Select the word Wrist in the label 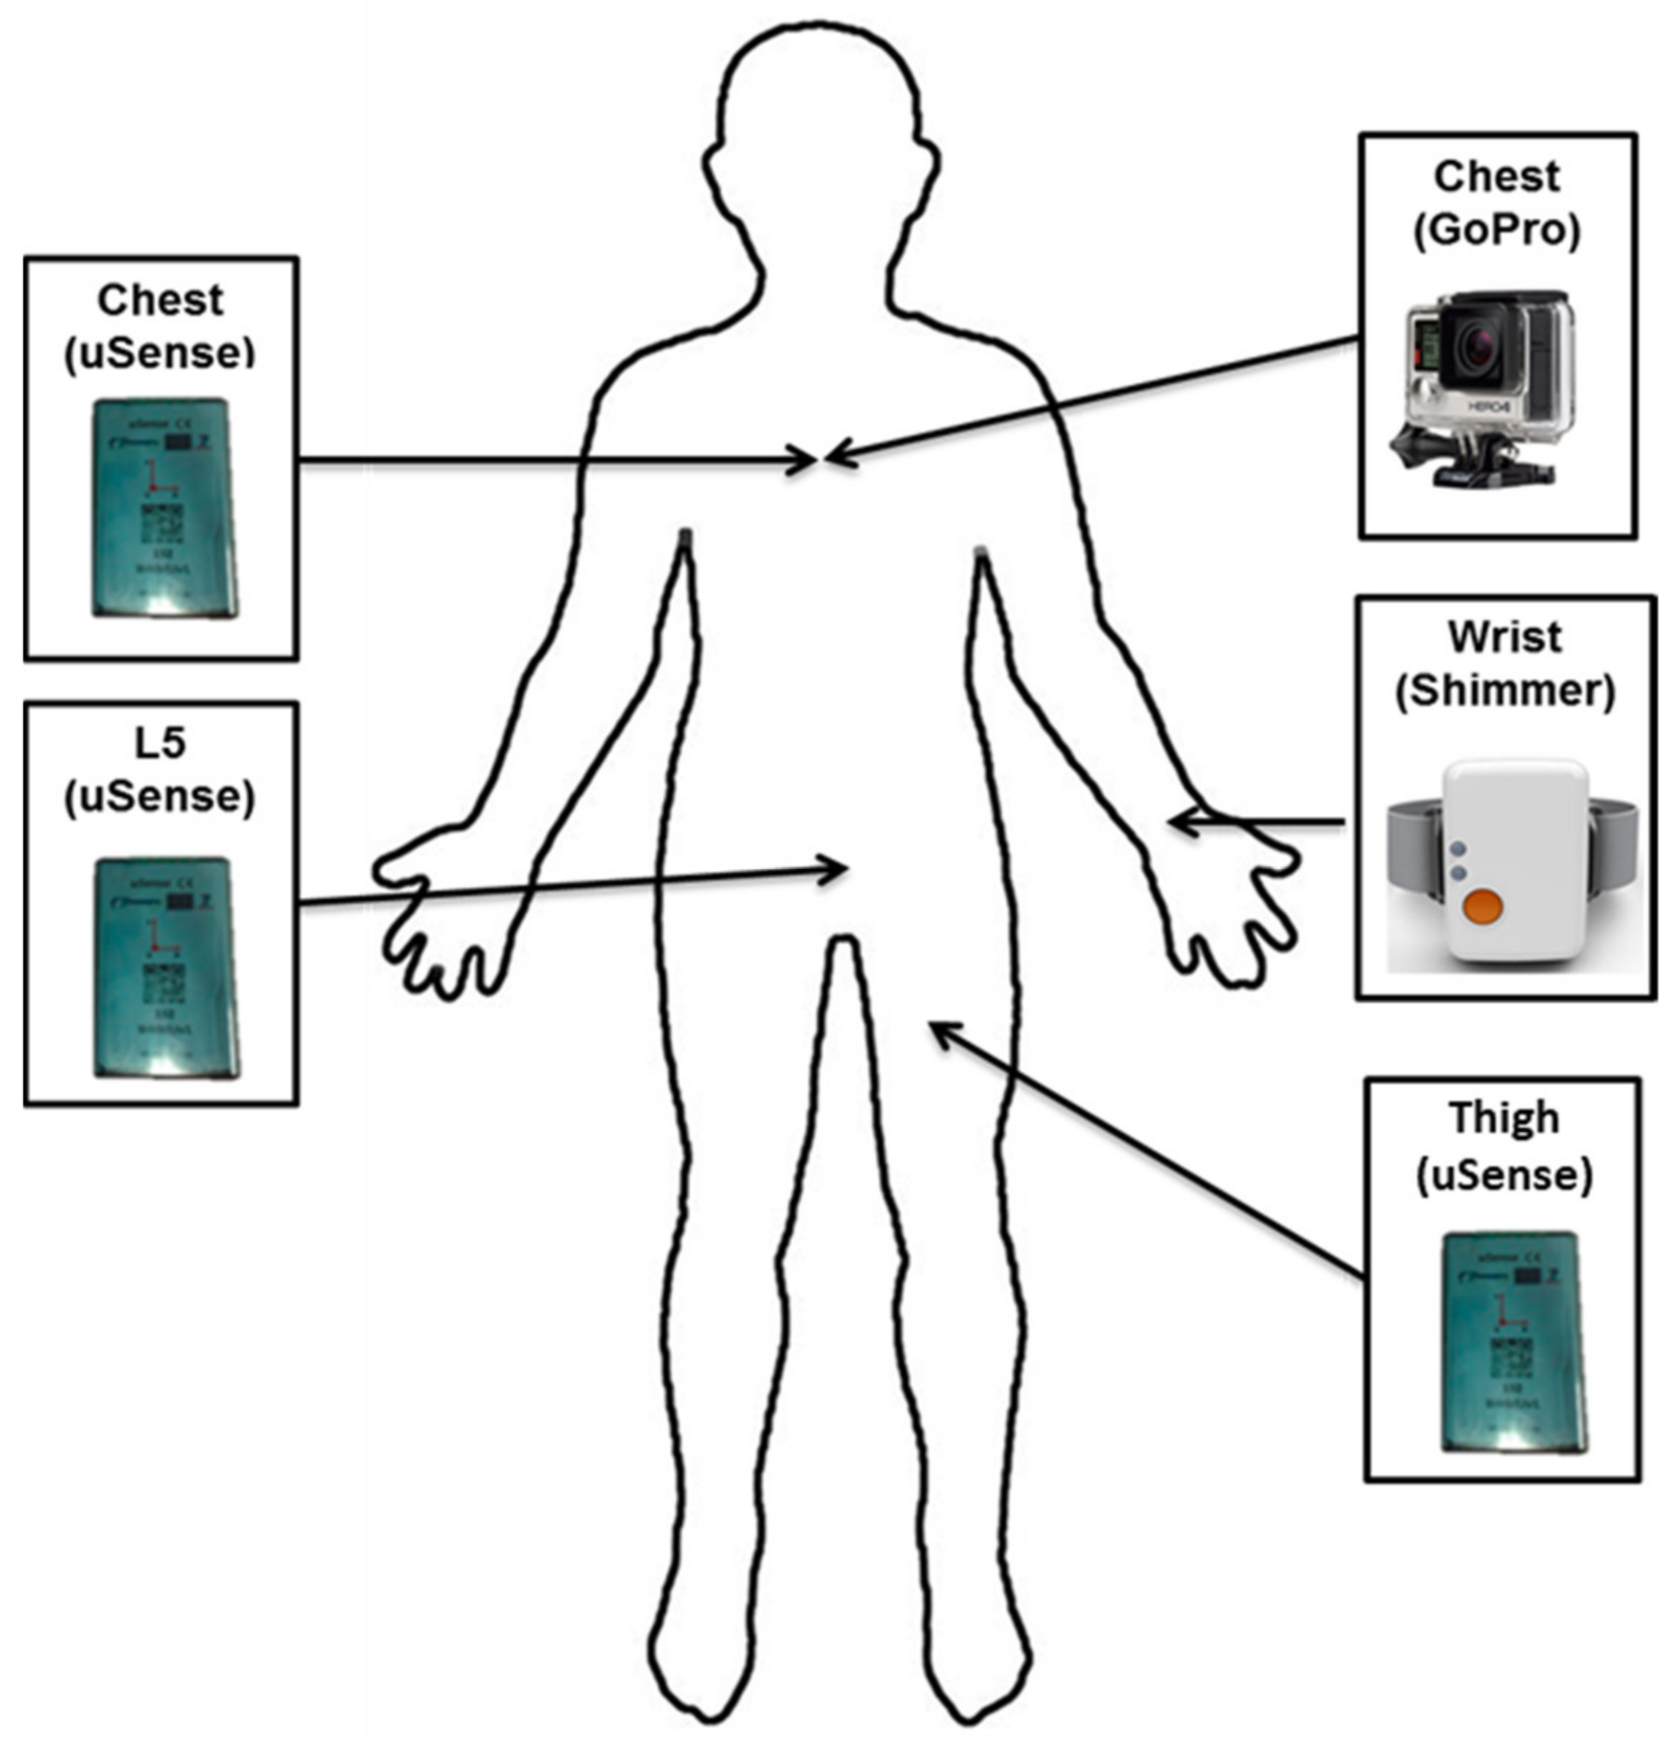pos(1504,637)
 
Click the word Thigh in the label pos(1504,1118)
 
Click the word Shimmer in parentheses pos(1504,691)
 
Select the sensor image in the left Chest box pos(166,507)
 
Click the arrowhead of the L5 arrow pos(838,868)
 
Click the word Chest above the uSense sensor pos(160,300)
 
